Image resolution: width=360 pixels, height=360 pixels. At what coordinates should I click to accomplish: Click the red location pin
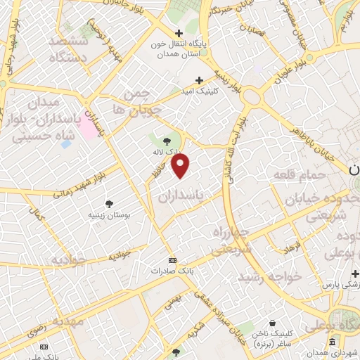181,166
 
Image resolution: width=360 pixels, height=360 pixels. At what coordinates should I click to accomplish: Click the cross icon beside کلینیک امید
199,80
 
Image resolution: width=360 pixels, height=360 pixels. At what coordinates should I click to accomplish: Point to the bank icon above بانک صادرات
173,259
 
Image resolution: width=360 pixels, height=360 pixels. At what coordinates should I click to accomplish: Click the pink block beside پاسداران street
88,125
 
